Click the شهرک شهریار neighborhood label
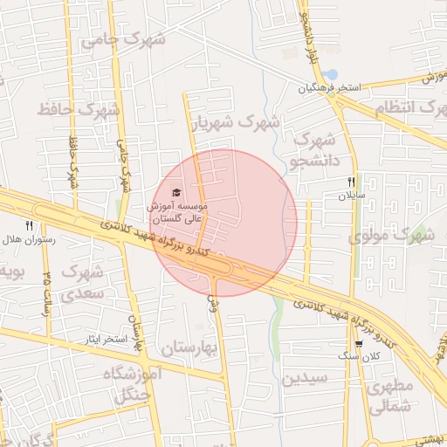tap(237, 123)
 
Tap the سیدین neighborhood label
tap(304, 379)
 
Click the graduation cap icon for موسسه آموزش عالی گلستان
tap(176, 192)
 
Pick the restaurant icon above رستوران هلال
tap(29, 225)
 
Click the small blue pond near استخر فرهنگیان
tap(331, 74)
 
